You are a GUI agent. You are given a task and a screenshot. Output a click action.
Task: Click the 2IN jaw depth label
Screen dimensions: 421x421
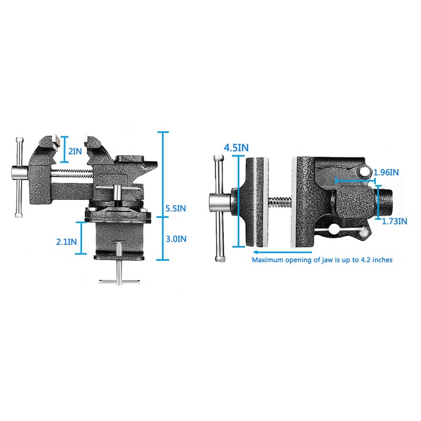click(x=75, y=151)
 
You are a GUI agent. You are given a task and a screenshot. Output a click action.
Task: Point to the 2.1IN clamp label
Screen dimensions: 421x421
click(x=66, y=242)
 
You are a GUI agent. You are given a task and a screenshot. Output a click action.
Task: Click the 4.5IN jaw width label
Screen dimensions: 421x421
click(x=236, y=147)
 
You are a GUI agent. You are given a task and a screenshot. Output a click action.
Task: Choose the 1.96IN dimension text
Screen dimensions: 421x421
click(x=387, y=172)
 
